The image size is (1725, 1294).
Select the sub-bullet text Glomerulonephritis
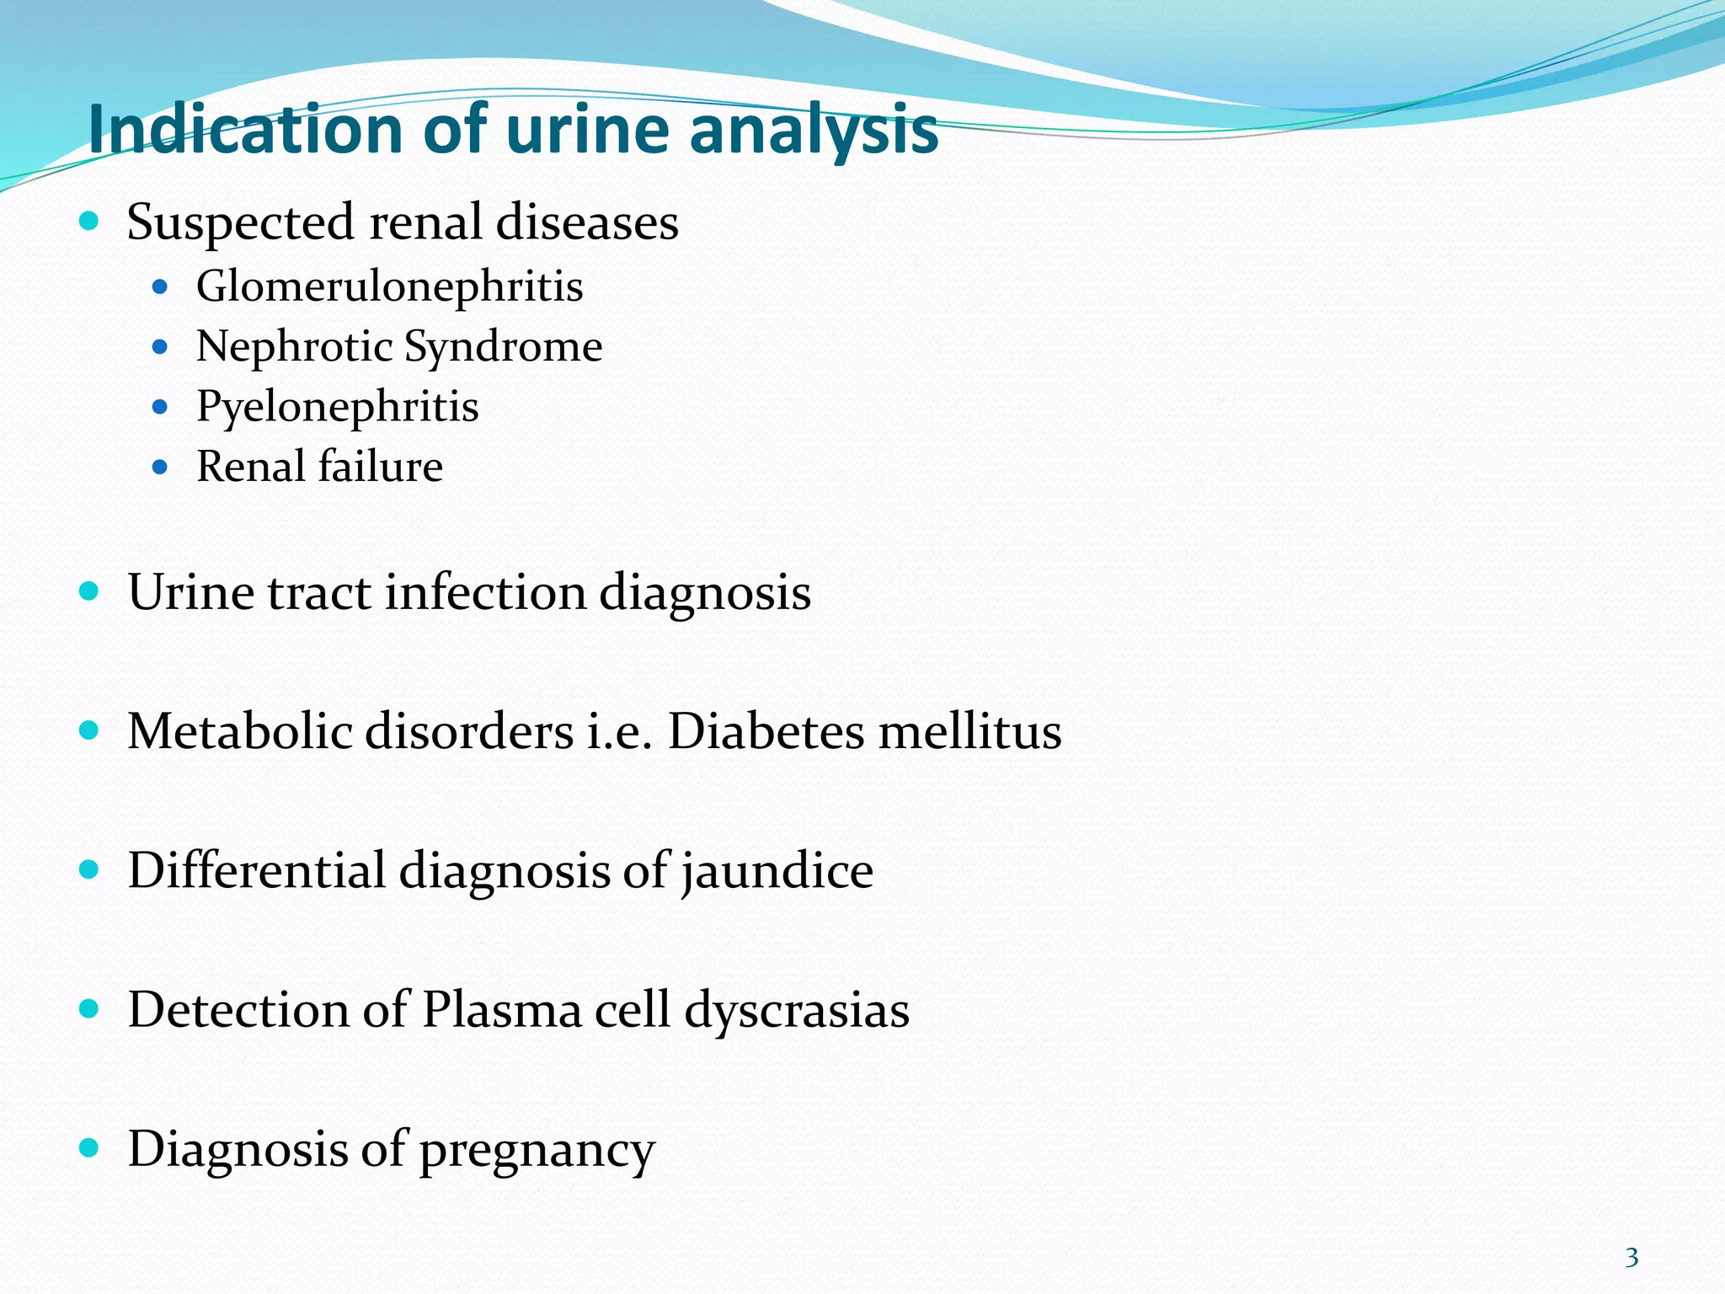[x=389, y=286]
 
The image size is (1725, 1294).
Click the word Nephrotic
[x=295, y=346]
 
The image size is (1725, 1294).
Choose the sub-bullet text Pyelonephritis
[x=337, y=408]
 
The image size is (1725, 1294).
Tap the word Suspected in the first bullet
[x=240, y=224]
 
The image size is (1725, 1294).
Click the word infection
[x=485, y=592]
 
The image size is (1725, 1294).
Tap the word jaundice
[x=777, y=871]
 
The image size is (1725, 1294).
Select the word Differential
[x=256, y=870]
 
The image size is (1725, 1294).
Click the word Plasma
[x=502, y=1009]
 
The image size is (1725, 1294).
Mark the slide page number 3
[x=1632, y=1258]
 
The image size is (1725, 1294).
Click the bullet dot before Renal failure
[x=160, y=467]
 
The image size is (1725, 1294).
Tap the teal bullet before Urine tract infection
[x=88, y=591]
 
